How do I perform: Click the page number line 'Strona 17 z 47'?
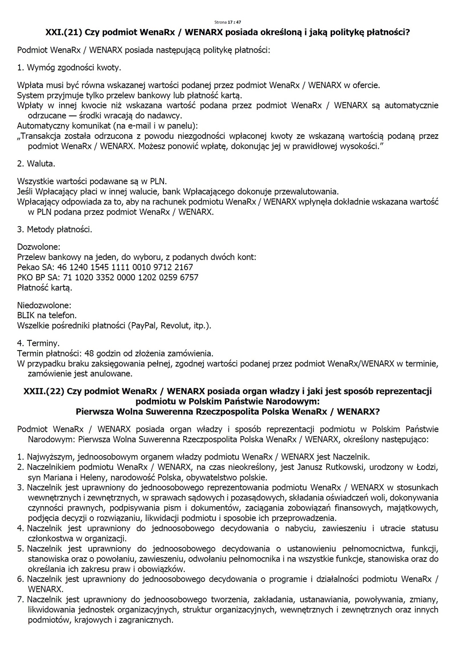click(x=228, y=22)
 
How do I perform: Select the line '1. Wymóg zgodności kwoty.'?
click(x=69, y=68)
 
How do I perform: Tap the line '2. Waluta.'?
click(x=36, y=163)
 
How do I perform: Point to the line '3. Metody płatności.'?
click(x=55, y=229)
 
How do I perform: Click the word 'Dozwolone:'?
click(x=39, y=247)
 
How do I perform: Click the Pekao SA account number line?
click(x=105, y=267)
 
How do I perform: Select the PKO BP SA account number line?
click(x=107, y=277)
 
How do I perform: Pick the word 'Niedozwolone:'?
click(x=44, y=305)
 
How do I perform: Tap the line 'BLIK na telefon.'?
click(x=47, y=315)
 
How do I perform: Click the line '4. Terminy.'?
click(x=38, y=343)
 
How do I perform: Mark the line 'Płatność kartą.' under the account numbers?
click(x=45, y=288)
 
